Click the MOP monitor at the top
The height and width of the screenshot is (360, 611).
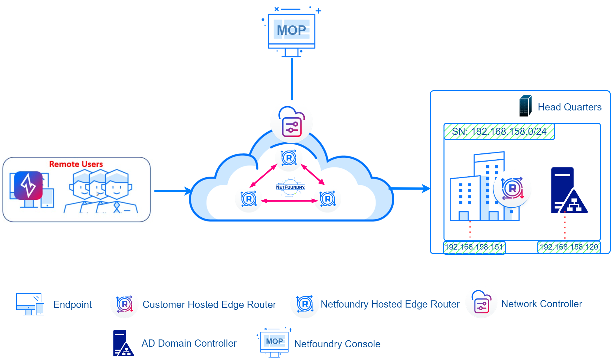[x=291, y=31]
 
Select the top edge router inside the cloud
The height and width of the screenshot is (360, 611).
[x=289, y=158]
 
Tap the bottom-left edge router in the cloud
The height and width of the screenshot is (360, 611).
[x=249, y=199]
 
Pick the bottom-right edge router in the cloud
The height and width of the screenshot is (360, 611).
[x=327, y=199]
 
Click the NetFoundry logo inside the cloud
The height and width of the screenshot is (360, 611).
[x=290, y=187]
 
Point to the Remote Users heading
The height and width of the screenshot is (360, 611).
[x=76, y=164]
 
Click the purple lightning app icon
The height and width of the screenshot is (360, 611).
[x=28, y=185]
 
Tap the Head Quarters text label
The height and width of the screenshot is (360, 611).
[x=569, y=107]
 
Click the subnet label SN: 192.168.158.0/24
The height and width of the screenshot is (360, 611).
[x=499, y=132]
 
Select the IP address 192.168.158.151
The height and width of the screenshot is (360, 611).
[x=474, y=247]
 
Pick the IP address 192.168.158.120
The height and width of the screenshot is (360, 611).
[x=569, y=247]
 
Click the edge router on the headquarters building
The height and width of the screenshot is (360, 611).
[x=512, y=188]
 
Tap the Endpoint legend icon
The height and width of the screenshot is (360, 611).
[x=30, y=304]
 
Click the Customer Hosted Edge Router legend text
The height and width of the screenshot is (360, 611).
[x=209, y=304]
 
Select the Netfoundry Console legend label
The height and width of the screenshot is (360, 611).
[x=337, y=344]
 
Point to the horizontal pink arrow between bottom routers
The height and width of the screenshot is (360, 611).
[x=289, y=201]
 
